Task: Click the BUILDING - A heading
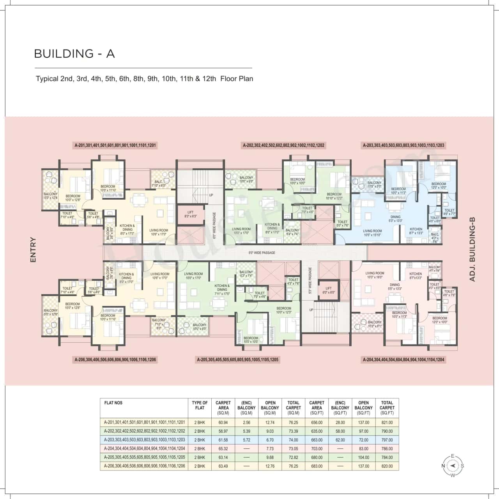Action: click(74, 53)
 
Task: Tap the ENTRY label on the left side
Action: click(33, 249)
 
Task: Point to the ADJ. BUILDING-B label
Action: click(472, 249)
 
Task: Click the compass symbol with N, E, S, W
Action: click(452, 465)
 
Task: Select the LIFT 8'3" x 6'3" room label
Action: click(190, 214)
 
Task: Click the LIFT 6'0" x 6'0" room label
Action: click(329, 290)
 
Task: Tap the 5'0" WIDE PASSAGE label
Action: click(262, 253)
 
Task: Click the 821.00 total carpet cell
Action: click(387, 422)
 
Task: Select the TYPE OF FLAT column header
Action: click(200, 405)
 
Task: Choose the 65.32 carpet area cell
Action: click(223, 448)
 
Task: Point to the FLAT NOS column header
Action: click(113, 403)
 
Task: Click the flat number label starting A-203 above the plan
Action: click(403, 145)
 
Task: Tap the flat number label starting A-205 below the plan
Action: click(237, 359)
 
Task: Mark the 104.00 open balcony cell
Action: click(363, 457)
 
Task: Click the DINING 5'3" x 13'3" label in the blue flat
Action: click(395, 219)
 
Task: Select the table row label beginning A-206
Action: click(144, 466)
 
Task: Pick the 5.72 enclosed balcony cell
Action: click(246, 440)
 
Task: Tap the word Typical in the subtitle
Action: click(47, 79)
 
